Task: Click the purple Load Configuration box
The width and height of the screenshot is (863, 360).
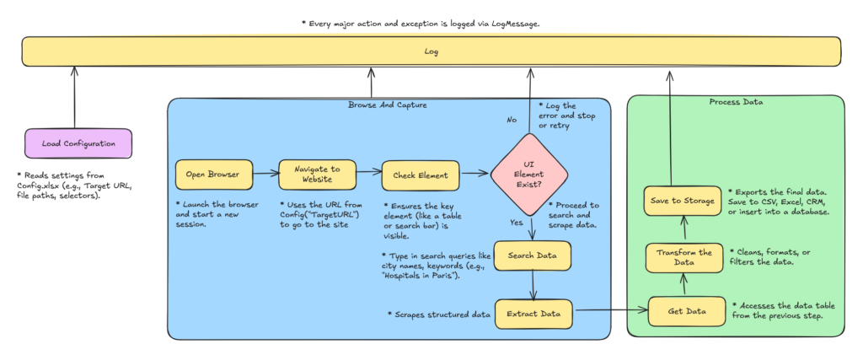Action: (x=78, y=143)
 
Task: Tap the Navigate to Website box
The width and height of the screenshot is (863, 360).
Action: (x=318, y=175)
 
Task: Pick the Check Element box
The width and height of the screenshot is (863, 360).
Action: (x=421, y=175)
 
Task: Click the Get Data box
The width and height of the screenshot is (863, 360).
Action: (x=686, y=312)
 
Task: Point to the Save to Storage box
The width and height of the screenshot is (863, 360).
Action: (x=683, y=201)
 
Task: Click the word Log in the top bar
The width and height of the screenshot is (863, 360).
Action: (x=431, y=53)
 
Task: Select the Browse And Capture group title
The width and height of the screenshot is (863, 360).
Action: (x=388, y=105)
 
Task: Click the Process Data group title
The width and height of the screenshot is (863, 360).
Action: (x=735, y=102)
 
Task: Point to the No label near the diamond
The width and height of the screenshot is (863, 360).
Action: (x=511, y=121)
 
